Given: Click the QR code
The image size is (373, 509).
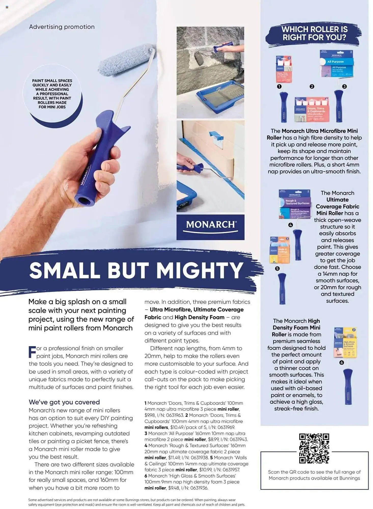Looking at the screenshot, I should point(314,448).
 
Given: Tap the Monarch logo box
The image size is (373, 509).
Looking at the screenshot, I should point(210,227).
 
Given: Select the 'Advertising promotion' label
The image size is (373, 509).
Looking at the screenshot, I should point(62,27).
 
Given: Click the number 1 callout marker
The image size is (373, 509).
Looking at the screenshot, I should point(279,87).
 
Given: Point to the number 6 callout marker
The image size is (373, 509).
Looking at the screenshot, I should point(341,362).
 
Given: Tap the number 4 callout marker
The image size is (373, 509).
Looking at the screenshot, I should point(291,225).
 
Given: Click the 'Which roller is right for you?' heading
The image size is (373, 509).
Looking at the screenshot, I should point(314,33).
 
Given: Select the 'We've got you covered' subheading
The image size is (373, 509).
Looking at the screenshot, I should point(64,402).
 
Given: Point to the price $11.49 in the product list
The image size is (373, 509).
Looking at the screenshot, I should point(174,458).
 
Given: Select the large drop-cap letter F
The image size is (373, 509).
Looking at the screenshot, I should point(32,352).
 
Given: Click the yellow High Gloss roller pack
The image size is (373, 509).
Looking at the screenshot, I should point(345,343).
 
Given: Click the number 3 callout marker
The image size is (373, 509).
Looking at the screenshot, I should point(344,87).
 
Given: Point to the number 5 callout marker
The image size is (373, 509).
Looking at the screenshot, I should point(277,268).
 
